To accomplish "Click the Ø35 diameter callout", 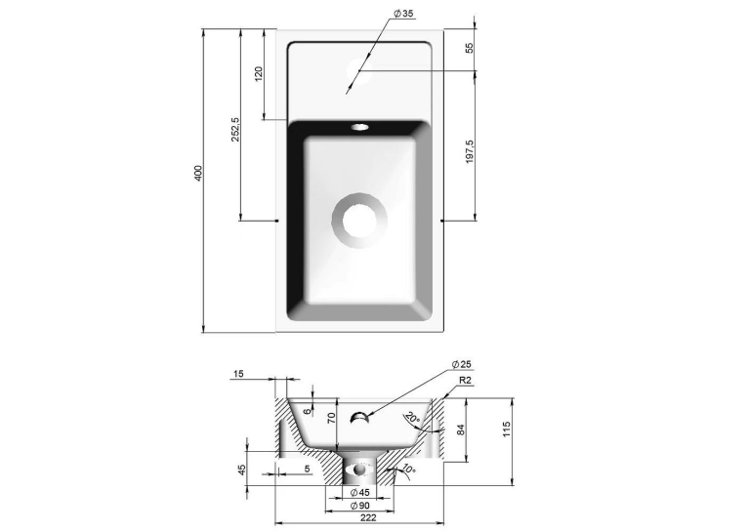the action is click(403, 14).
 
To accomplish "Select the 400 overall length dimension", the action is click(198, 173).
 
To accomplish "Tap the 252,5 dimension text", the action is click(235, 129).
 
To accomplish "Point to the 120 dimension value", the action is click(259, 74).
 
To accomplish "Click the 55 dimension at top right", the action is click(470, 48).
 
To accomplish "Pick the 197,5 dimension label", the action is click(470, 151).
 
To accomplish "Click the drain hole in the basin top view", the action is click(359, 221).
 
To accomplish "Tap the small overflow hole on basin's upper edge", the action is click(360, 127).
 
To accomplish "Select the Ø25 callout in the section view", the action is click(461, 365).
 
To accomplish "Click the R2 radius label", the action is click(466, 381).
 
